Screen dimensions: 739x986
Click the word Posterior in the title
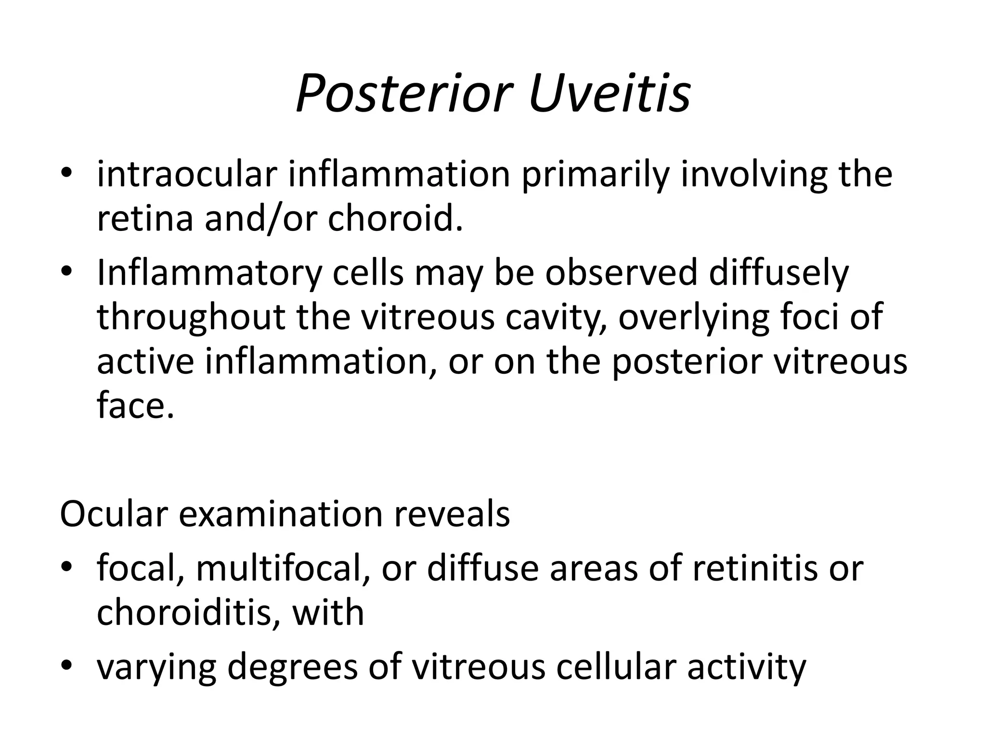click(403, 93)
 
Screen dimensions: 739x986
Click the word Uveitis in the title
click(609, 93)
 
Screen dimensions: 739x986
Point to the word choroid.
click(395, 218)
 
